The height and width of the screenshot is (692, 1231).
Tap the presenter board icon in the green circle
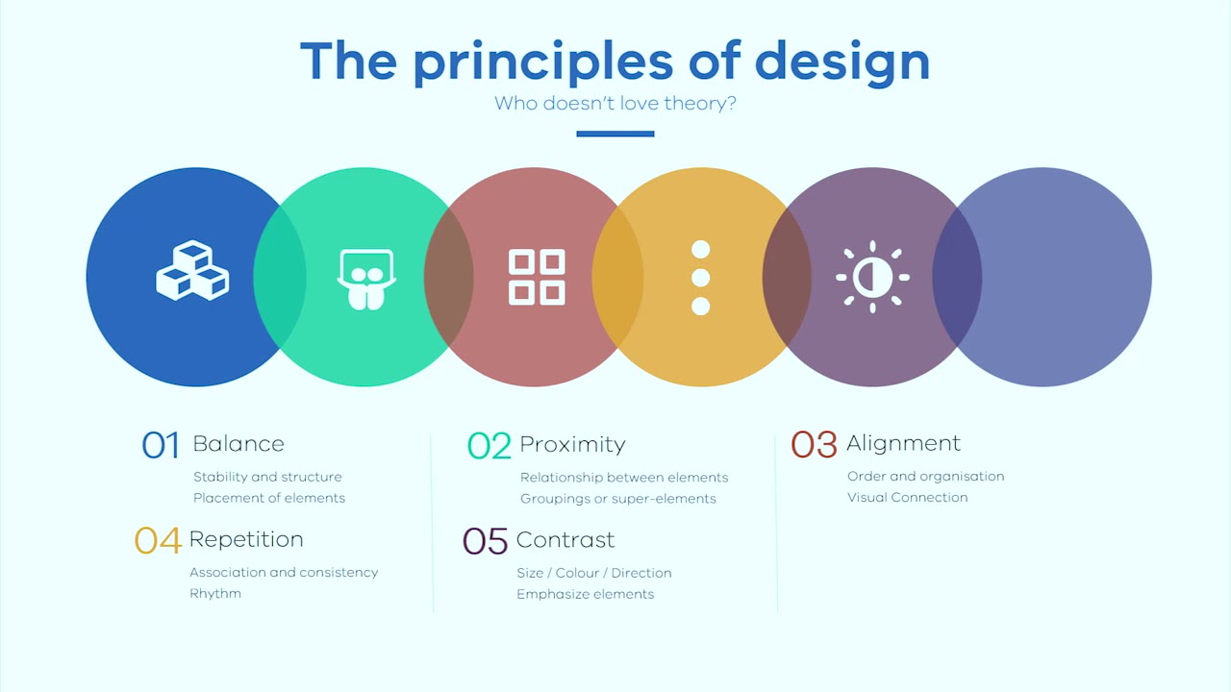pyautogui.click(x=365, y=279)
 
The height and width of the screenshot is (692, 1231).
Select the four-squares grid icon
pyautogui.click(x=537, y=277)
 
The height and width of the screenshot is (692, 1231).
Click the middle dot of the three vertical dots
pyautogui.click(x=700, y=278)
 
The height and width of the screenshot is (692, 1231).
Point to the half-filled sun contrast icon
pyautogui.click(x=872, y=277)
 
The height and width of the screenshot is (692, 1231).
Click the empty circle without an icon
pyautogui.click(x=1058, y=277)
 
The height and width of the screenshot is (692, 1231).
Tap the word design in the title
pyautogui.click(x=842, y=61)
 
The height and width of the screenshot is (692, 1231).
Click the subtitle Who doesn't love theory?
pyautogui.click(x=615, y=103)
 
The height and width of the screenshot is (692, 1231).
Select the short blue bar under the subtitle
pyautogui.click(x=615, y=134)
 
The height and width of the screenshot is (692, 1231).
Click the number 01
pyautogui.click(x=161, y=445)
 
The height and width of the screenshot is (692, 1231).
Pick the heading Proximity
pyautogui.click(x=572, y=444)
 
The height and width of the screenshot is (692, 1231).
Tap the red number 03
pyautogui.click(x=814, y=444)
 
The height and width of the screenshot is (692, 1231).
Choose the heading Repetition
pyautogui.click(x=246, y=539)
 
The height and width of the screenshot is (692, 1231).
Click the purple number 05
pyautogui.click(x=485, y=541)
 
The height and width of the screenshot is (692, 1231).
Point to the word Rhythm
pyautogui.click(x=215, y=594)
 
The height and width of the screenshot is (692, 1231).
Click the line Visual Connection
pyautogui.click(x=907, y=498)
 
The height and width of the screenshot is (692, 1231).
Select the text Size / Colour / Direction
pyautogui.click(x=593, y=573)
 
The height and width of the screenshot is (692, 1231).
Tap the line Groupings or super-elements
pyautogui.click(x=617, y=499)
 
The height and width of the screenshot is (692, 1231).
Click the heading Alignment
pyautogui.click(x=903, y=443)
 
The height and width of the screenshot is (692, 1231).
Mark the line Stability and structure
pyautogui.click(x=267, y=477)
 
